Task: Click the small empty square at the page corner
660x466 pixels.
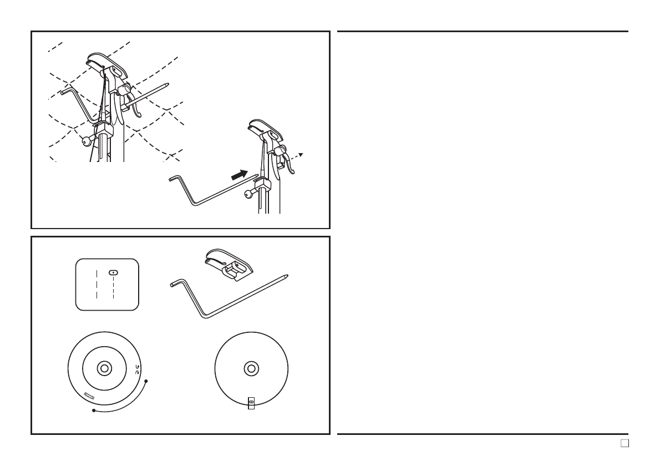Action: click(x=624, y=443)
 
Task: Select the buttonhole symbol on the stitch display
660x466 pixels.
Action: click(x=113, y=272)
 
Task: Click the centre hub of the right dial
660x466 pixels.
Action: click(x=251, y=368)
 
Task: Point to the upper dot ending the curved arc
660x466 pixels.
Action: click(x=146, y=381)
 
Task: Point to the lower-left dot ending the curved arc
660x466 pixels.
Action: click(x=94, y=411)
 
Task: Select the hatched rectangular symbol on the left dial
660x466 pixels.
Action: click(x=89, y=396)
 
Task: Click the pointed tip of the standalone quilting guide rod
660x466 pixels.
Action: click(x=286, y=275)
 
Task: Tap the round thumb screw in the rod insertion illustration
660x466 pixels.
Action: click(x=248, y=194)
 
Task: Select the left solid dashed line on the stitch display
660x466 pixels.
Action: click(x=97, y=283)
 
